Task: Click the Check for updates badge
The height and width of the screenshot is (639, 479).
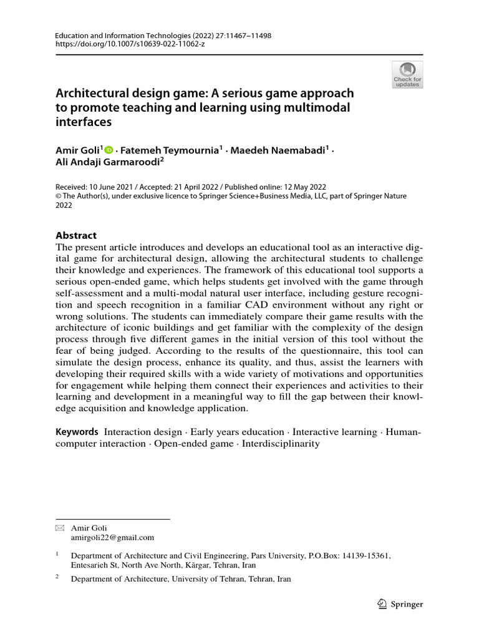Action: [x=407, y=74]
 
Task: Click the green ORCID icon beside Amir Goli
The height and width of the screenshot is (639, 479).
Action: [x=109, y=150]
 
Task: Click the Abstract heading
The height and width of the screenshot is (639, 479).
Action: [x=76, y=235]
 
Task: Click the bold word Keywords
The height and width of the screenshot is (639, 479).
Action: [x=77, y=432]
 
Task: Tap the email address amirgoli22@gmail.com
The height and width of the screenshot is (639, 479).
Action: [x=112, y=537]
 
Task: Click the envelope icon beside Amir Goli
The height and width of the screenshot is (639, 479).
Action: [x=60, y=528]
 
